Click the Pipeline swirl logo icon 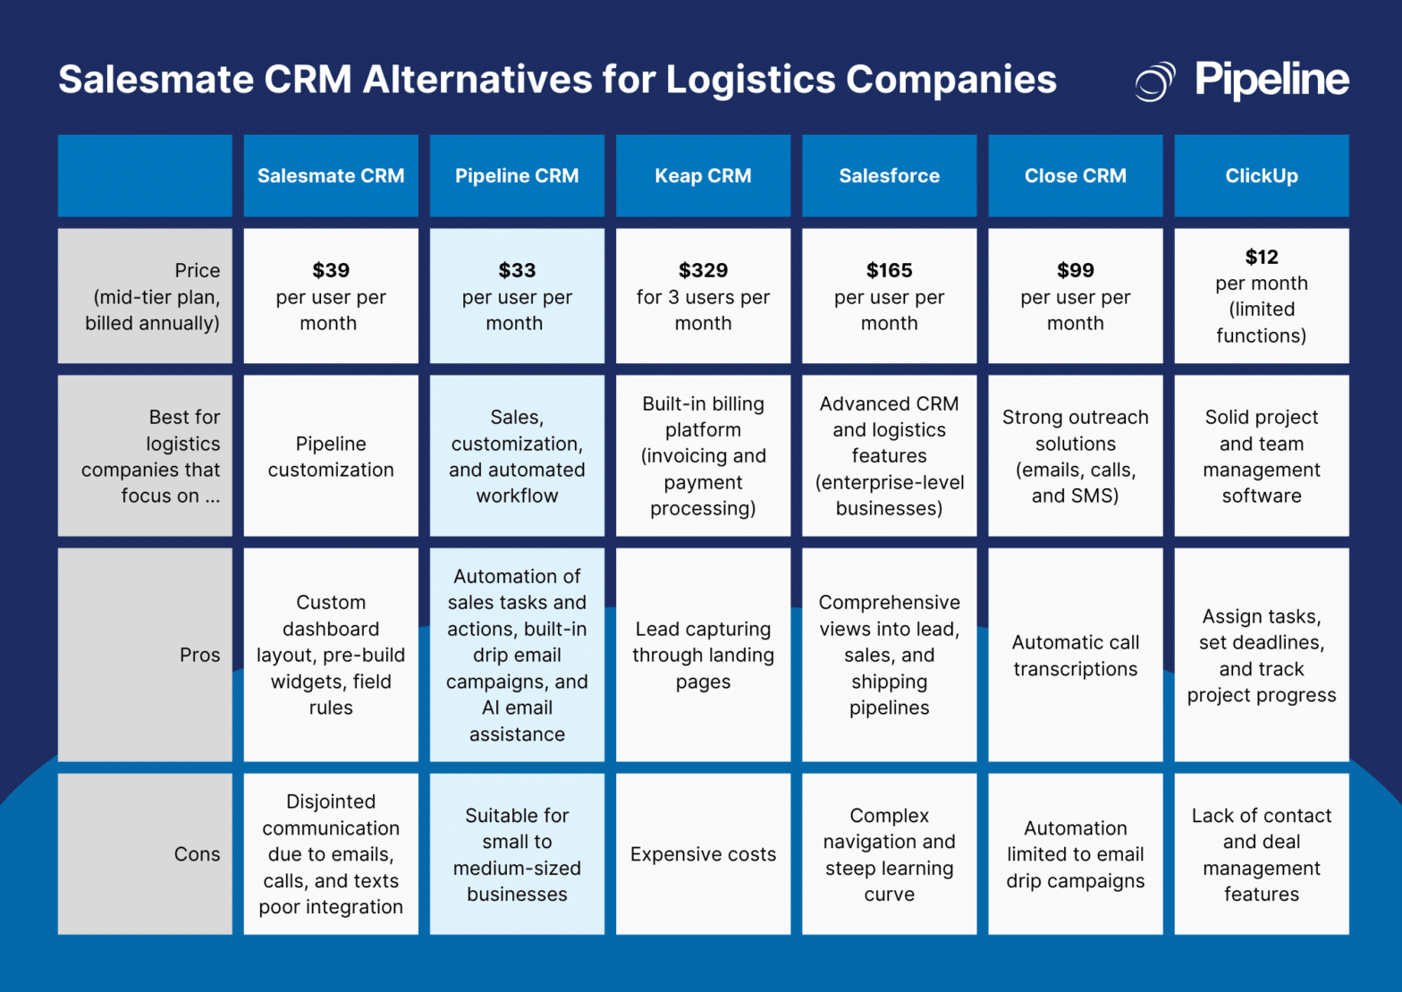1154,81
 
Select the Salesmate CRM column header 331,176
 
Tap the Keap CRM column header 703,176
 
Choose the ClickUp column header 1261,176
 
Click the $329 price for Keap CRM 703,270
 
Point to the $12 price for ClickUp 1261,258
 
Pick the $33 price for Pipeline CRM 517,270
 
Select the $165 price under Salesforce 889,270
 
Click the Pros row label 199,655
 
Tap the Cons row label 197,854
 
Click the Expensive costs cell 703,854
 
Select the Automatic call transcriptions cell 1075,656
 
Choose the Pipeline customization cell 331,456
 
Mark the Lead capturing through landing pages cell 703,656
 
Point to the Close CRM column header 1075,176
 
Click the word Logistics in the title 749,80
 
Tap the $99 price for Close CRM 1075,270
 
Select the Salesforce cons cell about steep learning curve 889,854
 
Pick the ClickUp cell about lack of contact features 1261,854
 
